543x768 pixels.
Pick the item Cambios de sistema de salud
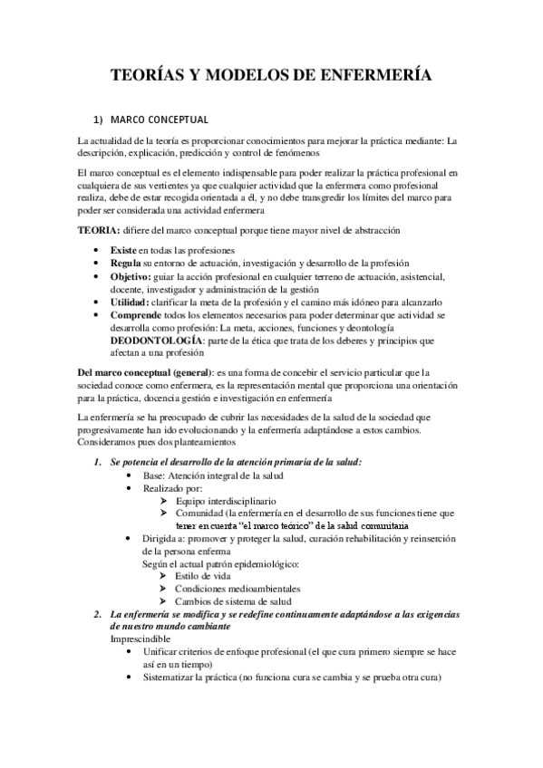233,601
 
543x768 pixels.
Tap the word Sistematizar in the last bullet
171,677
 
